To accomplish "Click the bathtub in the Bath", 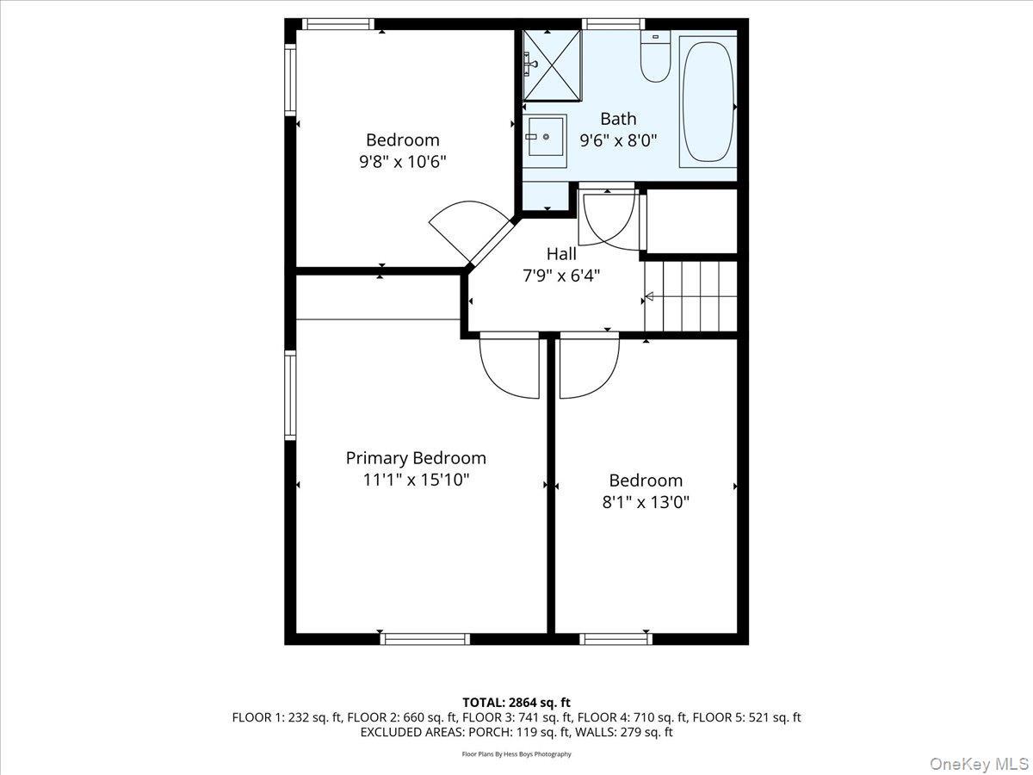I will [x=708, y=102].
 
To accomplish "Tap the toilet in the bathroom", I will [x=655, y=57].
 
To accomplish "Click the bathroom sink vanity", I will [x=546, y=141].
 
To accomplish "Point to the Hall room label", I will [x=561, y=254].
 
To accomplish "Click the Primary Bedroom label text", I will [x=416, y=458].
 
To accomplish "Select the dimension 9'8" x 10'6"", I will [x=403, y=161].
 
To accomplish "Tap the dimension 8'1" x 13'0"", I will [x=646, y=502].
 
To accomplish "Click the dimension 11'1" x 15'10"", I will [x=416, y=480].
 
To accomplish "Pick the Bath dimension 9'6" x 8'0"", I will [x=618, y=140].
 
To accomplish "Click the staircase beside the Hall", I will [x=692, y=296].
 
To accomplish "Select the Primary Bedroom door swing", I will [x=509, y=366].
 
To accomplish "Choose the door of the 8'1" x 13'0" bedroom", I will [x=589, y=366].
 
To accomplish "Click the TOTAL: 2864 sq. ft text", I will [x=516, y=703].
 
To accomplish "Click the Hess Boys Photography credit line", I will [x=516, y=754].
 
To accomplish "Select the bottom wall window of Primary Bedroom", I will [x=424, y=638].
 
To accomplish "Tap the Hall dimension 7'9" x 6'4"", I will [x=561, y=276].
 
